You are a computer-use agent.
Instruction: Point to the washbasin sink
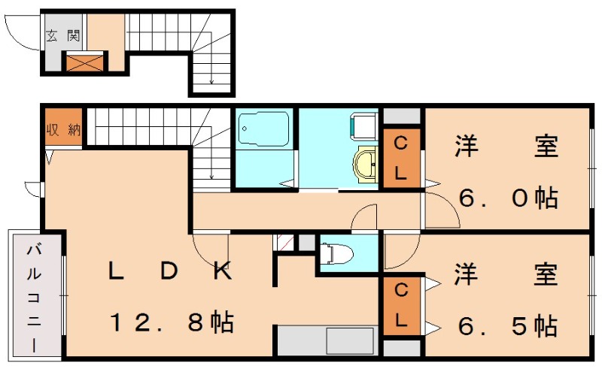(367, 162)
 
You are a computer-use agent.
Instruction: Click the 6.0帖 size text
(508, 198)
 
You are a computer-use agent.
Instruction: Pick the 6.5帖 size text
(508, 327)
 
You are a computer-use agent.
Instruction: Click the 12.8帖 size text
(171, 324)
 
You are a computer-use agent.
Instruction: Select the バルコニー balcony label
(35, 298)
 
